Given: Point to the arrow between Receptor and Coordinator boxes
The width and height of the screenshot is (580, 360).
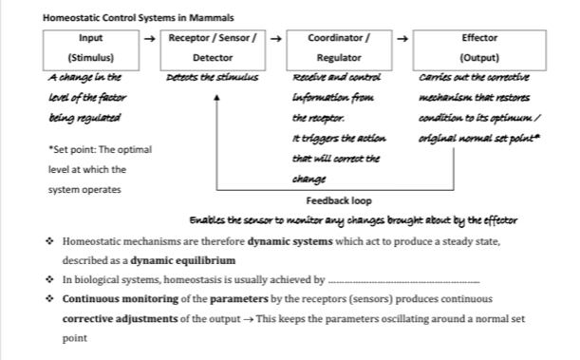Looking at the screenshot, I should (x=275, y=40).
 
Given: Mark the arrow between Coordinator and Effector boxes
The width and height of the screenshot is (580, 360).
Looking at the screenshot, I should (x=402, y=40).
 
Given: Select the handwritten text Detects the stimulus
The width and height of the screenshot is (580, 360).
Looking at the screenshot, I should (x=213, y=76).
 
